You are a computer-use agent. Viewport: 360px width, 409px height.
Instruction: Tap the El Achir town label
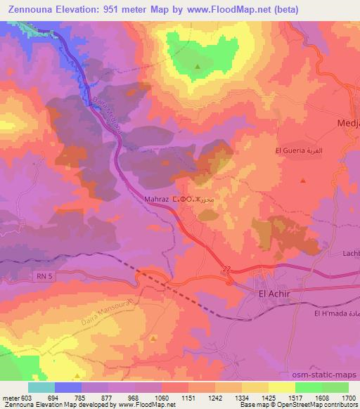coord(274,294)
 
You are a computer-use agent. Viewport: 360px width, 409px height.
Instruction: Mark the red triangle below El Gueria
coord(302,180)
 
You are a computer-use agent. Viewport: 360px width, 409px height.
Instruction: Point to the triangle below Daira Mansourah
coord(153,338)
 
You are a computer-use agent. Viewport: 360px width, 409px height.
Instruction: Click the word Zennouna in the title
coord(30,10)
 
